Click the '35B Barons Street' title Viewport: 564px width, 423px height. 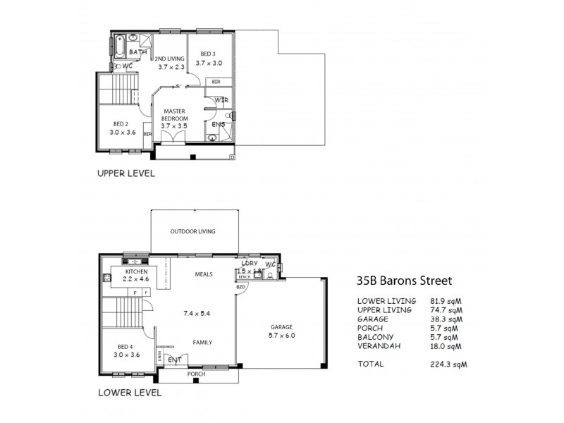click(x=404, y=280)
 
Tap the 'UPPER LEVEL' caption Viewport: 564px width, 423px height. click(x=125, y=173)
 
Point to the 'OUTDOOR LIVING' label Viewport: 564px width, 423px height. click(x=192, y=231)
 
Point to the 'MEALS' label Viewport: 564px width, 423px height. click(x=204, y=274)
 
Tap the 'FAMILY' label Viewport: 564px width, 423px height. click(x=203, y=343)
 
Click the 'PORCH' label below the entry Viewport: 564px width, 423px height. click(x=196, y=374)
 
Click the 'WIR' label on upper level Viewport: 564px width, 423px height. click(x=221, y=100)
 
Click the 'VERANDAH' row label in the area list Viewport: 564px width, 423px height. click(x=381, y=346)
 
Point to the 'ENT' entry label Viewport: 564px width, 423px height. click(x=174, y=360)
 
